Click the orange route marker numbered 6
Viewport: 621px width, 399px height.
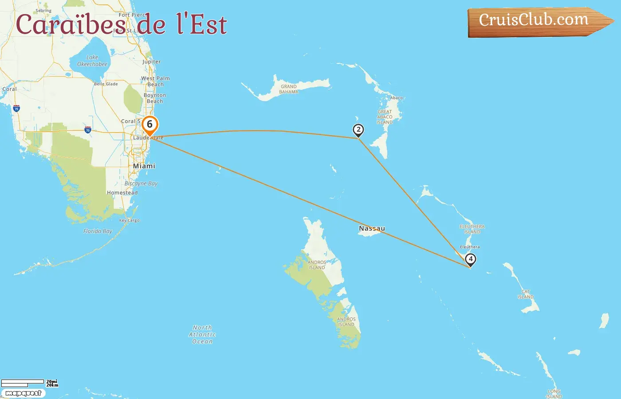coord(150,125)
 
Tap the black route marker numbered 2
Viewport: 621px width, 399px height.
coord(358,130)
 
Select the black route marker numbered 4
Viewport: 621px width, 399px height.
coord(470,259)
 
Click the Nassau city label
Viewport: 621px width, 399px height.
coord(372,228)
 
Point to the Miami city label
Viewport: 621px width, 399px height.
coord(144,166)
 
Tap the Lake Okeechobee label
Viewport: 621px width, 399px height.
coord(92,61)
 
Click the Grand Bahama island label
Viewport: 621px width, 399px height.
coord(289,89)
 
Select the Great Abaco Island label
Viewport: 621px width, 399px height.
coord(385,117)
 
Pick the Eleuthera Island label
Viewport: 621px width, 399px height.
coord(472,229)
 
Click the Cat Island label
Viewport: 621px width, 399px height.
coord(526,294)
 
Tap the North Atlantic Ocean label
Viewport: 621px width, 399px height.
coord(202,334)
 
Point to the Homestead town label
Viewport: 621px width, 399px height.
coord(122,193)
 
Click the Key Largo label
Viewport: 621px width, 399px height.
coord(129,220)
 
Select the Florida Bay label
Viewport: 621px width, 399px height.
coord(98,231)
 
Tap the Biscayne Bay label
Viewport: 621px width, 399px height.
coord(141,184)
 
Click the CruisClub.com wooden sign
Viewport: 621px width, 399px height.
coord(534,20)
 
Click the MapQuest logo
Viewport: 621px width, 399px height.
coord(23,393)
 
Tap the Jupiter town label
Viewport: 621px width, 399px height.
coord(152,62)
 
